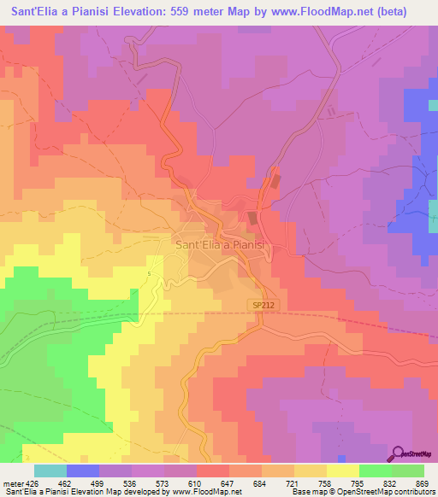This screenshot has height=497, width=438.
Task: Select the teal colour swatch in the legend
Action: tap(50, 471)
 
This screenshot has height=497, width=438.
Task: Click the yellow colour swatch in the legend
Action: tap(342, 471)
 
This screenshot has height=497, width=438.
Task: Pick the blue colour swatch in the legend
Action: tap(82, 471)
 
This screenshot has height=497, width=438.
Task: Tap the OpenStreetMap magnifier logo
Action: tap(399, 453)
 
